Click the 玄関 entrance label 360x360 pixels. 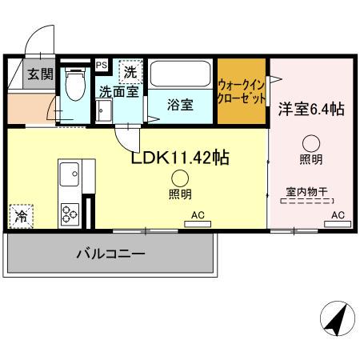[x=20, y=76]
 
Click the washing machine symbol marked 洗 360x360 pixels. [x=129, y=71]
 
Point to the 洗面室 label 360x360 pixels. [x=118, y=92]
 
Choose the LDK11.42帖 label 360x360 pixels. [x=180, y=158]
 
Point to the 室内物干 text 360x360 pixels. [x=310, y=191]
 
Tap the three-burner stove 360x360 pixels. [x=67, y=213]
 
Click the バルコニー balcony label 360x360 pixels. [x=110, y=254]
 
